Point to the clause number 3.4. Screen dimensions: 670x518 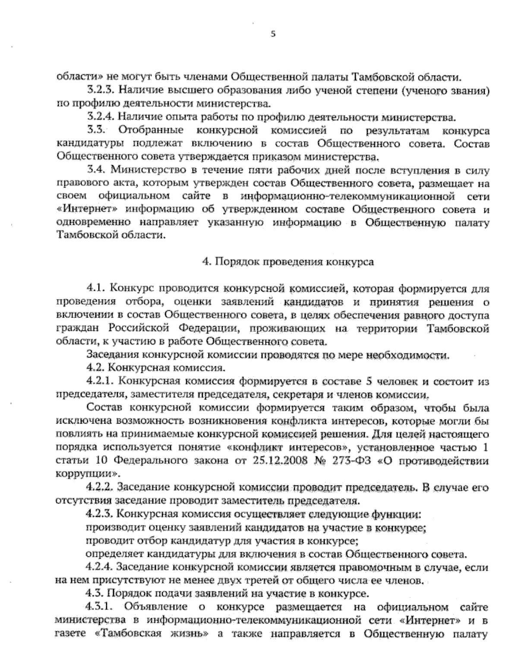(95, 170)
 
